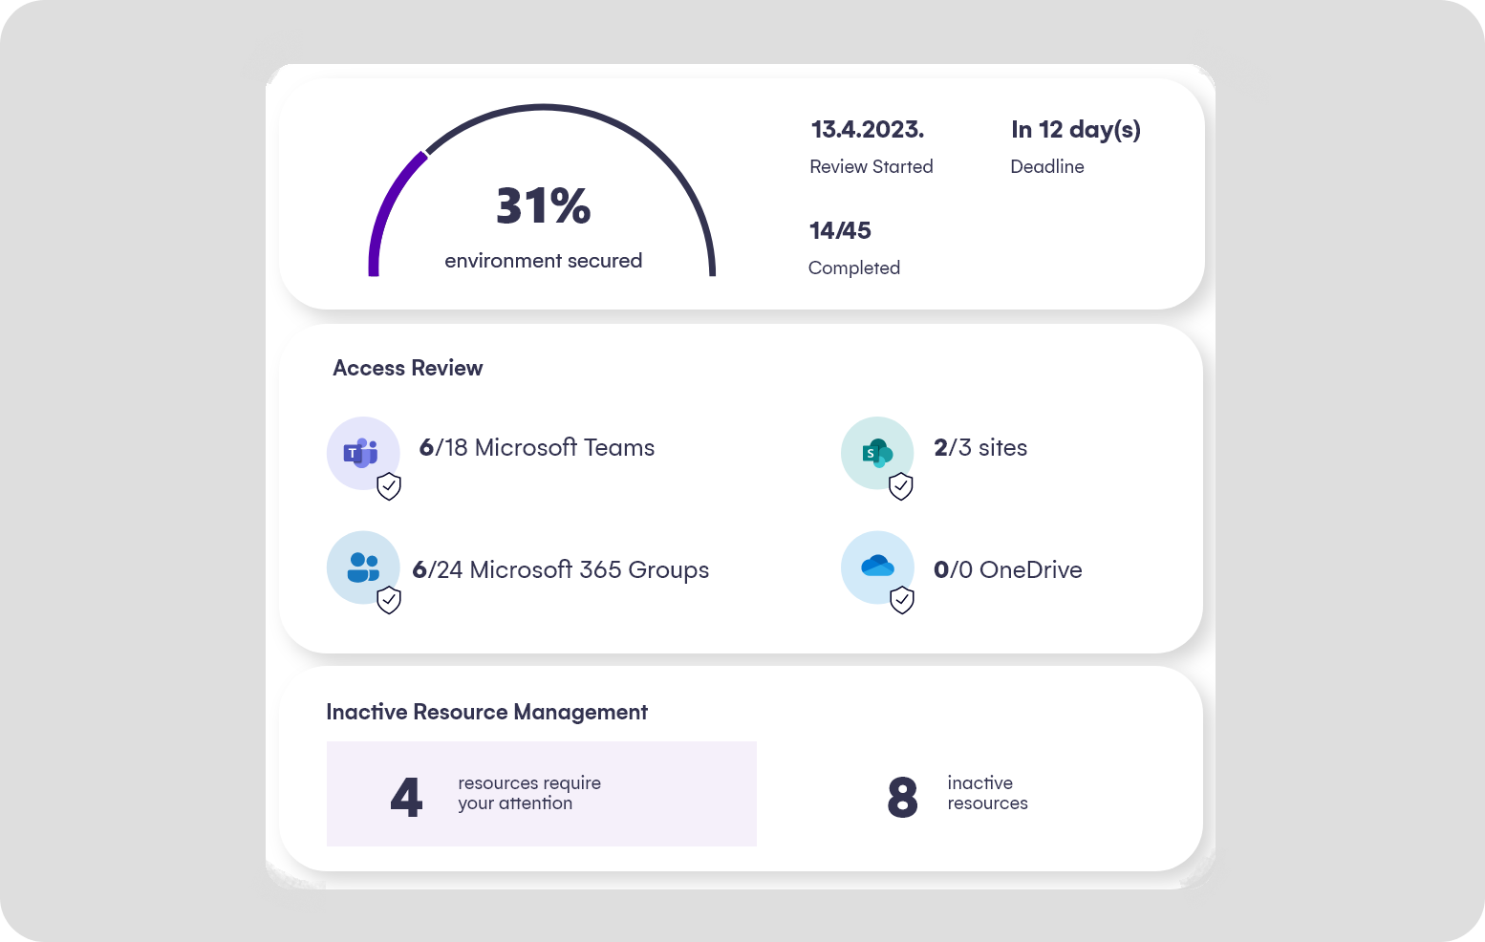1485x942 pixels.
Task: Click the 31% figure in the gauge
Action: coord(543,206)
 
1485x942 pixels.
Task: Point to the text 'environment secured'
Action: coord(543,261)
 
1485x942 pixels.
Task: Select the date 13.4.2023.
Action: coord(867,130)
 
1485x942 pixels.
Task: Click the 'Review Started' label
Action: coord(871,167)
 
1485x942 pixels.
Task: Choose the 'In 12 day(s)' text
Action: coord(1075,130)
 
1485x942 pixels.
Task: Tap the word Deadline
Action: coord(1046,167)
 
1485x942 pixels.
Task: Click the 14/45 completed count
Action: coord(840,231)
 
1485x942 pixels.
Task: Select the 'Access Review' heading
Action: coord(407,369)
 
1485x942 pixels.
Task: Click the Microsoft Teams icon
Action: coord(362,453)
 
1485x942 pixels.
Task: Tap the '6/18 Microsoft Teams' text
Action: coord(536,448)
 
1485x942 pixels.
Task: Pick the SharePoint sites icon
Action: coord(876,453)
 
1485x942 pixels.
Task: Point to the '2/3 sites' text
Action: coord(979,448)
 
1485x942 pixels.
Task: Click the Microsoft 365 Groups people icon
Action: coord(362,567)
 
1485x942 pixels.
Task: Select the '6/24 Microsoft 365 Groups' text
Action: coord(560,570)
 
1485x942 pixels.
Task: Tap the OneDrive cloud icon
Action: coord(876,567)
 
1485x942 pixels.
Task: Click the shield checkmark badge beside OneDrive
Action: coord(901,600)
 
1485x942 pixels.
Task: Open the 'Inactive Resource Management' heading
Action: coord(486,713)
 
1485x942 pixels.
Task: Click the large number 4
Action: coord(406,798)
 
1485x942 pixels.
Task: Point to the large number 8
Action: coord(901,798)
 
